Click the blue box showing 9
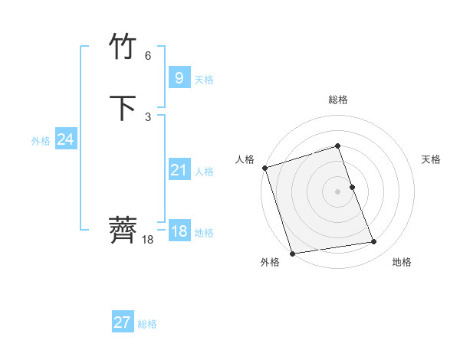click(179, 78)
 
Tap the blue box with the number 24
click(66, 139)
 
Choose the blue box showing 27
click(123, 322)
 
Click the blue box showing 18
click(179, 232)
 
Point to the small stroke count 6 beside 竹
click(148, 56)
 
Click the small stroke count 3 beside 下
click(148, 117)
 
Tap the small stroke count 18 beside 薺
click(148, 240)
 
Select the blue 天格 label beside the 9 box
click(204, 80)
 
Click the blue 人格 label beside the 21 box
click(204, 172)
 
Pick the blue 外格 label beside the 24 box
click(41, 140)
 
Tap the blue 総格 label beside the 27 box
click(147, 324)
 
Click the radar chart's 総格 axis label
click(337, 100)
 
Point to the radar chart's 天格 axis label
click(431, 159)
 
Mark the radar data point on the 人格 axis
click(264, 168)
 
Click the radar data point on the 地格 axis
click(374, 242)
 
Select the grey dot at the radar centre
click(337, 191)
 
